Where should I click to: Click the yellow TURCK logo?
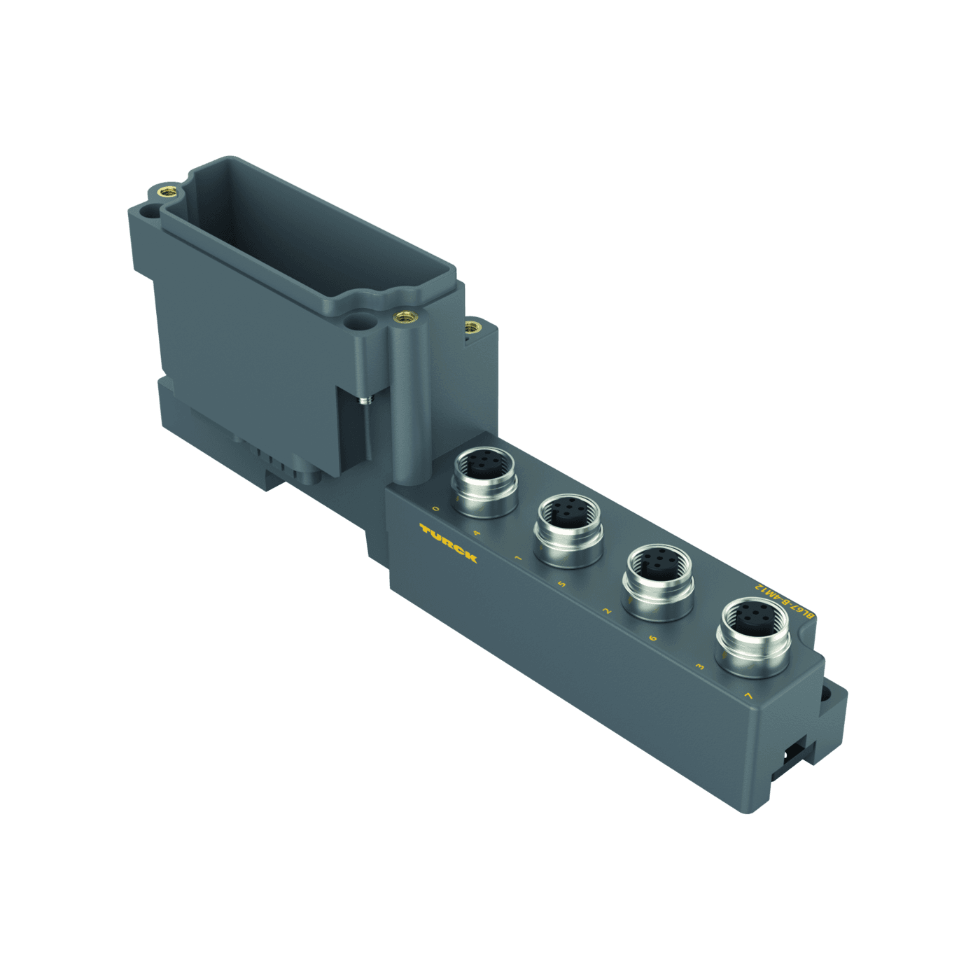(448, 542)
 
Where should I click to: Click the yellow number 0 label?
(436, 509)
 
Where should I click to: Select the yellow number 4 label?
(477, 533)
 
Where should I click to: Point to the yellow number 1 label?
(518, 558)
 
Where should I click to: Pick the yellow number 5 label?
(561, 583)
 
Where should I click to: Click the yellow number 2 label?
(606, 611)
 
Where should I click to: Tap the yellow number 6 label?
(652, 638)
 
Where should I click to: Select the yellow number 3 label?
(699, 666)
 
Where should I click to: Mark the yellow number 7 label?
(748, 696)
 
